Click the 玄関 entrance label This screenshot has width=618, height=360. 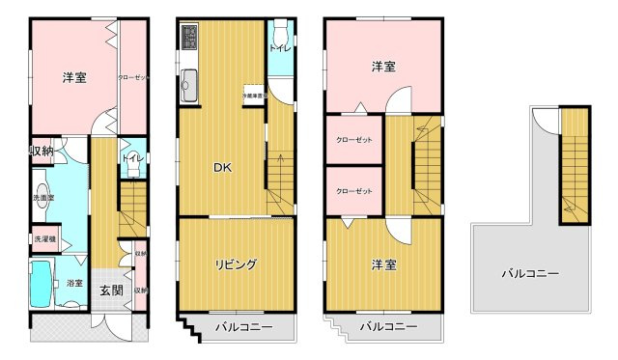(110, 291)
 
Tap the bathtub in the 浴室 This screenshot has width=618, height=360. (42, 284)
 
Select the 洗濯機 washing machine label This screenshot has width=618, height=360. (44, 238)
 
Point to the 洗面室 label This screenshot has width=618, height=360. (42, 198)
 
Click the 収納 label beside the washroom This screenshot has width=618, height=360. (42, 152)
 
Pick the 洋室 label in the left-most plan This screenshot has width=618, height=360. (76, 76)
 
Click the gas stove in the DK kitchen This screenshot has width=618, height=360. (188, 39)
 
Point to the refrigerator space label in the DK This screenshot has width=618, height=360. (252, 97)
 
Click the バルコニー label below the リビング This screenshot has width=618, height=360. (241, 327)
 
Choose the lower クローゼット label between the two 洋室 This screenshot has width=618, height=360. (354, 191)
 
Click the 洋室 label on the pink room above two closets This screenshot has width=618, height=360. (384, 67)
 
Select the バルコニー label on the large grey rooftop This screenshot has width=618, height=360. (529, 274)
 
